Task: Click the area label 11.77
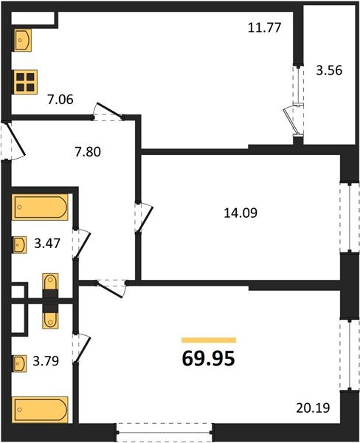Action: tap(264, 28)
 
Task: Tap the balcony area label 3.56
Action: tap(329, 70)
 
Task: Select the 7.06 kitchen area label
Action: tap(60, 100)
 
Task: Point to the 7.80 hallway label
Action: tap(88, 151)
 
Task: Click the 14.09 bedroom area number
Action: tap(240, 213)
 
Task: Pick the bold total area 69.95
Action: tap(208, 359)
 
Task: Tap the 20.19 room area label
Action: tap(313, 408)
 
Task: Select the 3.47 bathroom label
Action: tap(47, 243)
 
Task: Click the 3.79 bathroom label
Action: tap(46, 361)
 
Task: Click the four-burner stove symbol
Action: tap(25, 82)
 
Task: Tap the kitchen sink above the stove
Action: tap(22, 40)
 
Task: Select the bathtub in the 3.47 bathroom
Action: tap(40, 207)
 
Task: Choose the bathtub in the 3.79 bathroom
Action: tap(40, 410)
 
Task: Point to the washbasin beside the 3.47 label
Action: tap(19, 244)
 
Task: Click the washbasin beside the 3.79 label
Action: tap(19, 363)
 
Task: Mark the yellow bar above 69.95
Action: tap(209, 340)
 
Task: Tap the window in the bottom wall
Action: tap(164, 432)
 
